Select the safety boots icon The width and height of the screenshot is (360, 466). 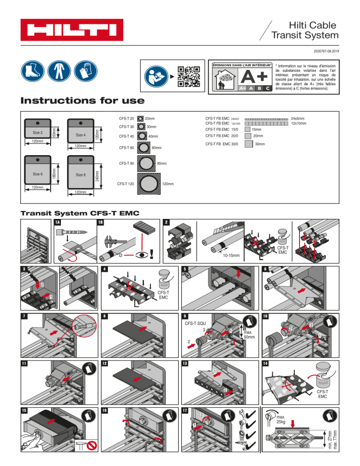(x=32, y=73)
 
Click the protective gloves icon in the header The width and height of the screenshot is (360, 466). (x=83, y=73)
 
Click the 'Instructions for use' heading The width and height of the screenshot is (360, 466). (x=82, y=101)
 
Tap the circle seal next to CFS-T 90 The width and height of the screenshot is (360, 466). (x=147, y=163)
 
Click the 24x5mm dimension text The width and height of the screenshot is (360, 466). (x=298, y=119)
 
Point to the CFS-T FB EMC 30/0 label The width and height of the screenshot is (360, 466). (x=222, y=143)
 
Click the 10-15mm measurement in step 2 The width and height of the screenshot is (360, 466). (x=231, y=256)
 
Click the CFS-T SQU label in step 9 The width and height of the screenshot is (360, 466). (x=195, y=323)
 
